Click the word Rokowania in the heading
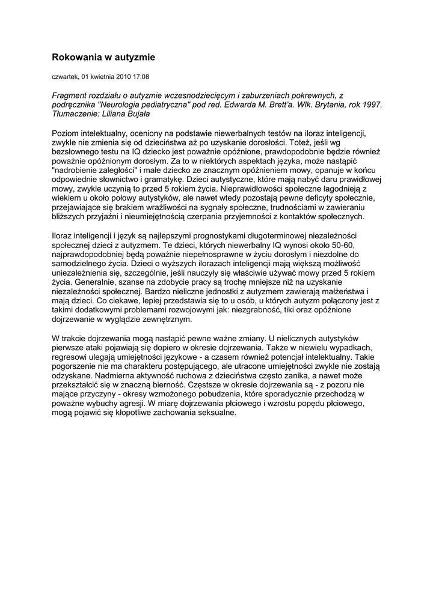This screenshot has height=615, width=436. [75, 57]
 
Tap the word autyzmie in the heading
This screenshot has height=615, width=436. [137, 57]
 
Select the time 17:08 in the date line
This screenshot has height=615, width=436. [140, 77]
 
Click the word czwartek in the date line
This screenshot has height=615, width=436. [65, 77]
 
